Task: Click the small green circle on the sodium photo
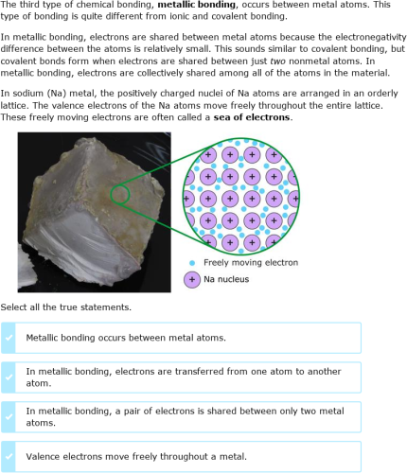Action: click(x=118, y=194)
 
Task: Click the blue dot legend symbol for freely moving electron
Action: click(x=192, y=263)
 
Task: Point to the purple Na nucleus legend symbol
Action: click(x=192, y=279)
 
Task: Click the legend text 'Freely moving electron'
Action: click(x=251, y=263)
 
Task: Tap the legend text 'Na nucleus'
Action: click(x=231, y=279)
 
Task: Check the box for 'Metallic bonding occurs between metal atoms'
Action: click(x=9, y=337)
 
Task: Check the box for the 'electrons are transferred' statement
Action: click(x=9, y=377)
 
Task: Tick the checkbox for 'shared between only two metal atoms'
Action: click(x=9, y=417)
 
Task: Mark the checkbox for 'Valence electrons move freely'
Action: click(x=9, y=456)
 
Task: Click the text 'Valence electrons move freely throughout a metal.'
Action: click(x=136, y=456)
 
